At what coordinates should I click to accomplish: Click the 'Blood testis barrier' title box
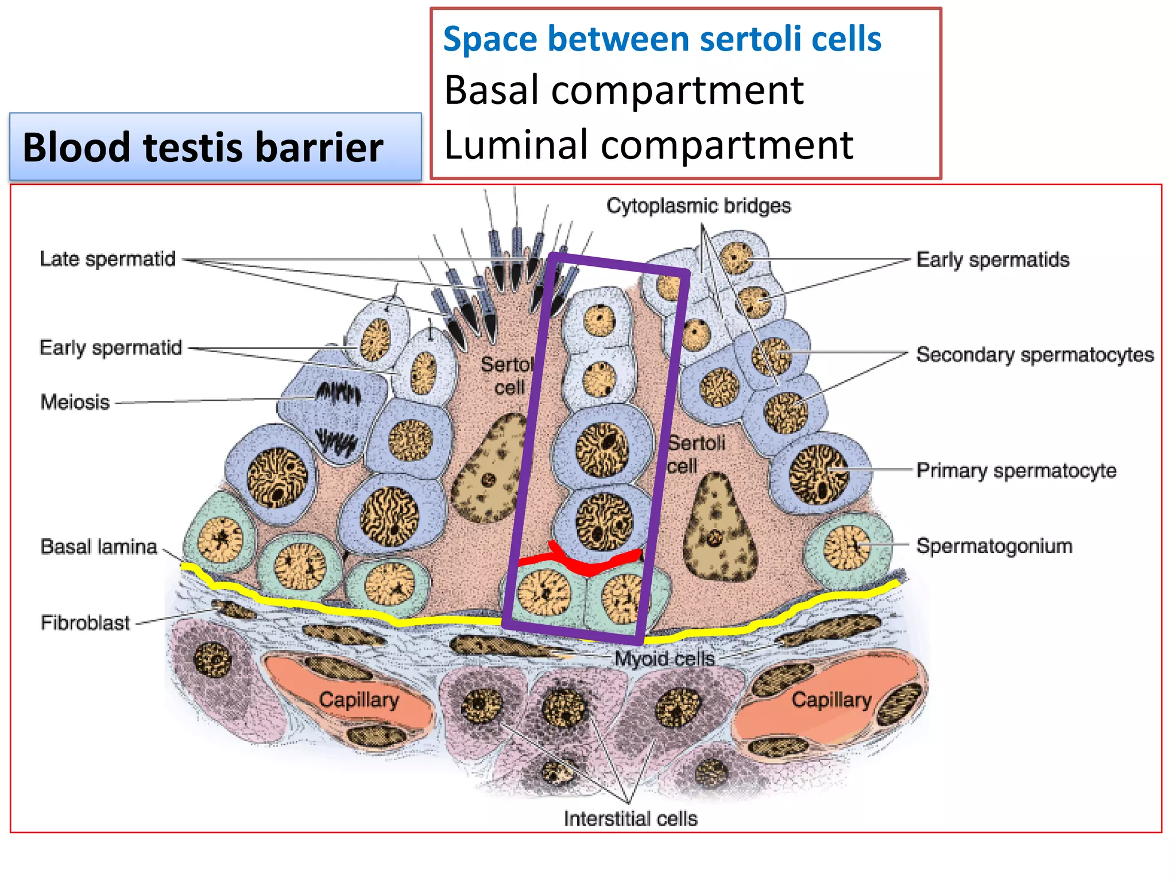[x=215, y=147]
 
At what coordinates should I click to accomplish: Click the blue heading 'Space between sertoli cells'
[x=661, y=39]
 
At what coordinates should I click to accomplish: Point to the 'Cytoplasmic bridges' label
[x=698, y=206]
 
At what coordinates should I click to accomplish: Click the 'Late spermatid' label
[x=107, y=259]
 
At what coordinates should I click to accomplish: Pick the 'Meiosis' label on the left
[x=75, y=402]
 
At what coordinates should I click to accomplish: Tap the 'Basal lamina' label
[x=98, y=547]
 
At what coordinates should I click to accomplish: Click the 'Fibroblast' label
[x=85, y=622]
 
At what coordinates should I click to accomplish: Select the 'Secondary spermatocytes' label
[x=1034, y=355]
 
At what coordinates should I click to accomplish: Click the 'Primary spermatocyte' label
[x=1016, y=470]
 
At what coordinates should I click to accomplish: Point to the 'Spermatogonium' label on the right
[x=994, y=546]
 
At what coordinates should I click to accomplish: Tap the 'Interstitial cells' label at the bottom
[x=630, y=818]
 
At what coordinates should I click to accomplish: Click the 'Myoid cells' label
[x=664, y=658]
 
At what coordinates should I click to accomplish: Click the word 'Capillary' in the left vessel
[x=359, y=699]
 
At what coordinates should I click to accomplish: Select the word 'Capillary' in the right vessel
[x=831, y=699]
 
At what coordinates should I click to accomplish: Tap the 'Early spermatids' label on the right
[x=992, y=260]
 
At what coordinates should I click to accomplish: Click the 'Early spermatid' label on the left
[x=110, y=347]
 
